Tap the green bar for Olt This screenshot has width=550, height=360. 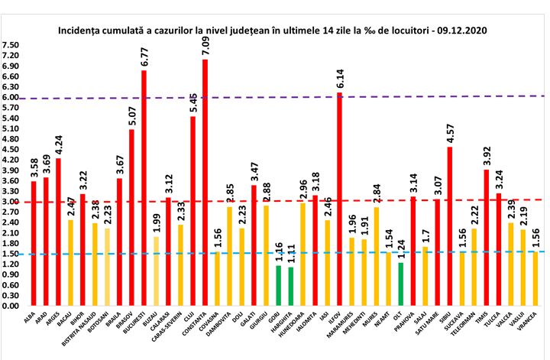point(400,284)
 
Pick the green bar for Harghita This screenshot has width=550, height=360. point(290,286)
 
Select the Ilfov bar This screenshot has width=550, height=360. point(338,199)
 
